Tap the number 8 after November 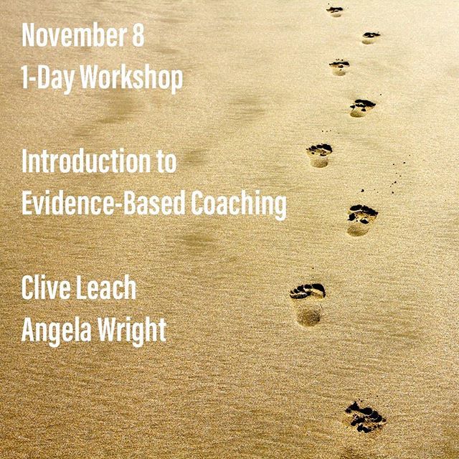click(x=138, y=35)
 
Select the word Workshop click(x=131, y=78)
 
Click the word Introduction click(x=86, y=161)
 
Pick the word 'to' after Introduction click(x=167, y=162)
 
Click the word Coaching click(x=239, y=204)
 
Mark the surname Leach click(x=106, y=288)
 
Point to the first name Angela click(x=57, y=332)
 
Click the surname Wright click(x=132, y=332)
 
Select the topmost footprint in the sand click(x=335, y=11)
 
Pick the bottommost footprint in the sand click(x=365, y=417)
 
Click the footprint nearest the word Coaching click(x=361, y=219)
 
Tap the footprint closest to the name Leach click(x=308, y=304)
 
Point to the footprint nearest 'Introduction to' click(x=319, y=155)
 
